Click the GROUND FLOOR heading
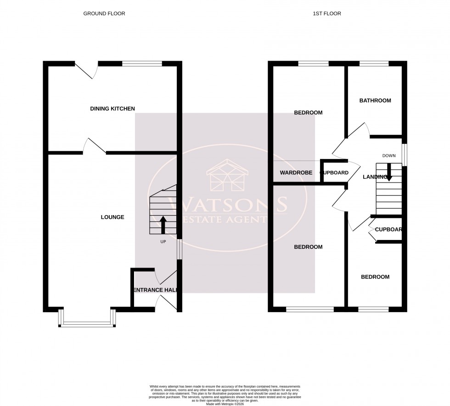[104, 14]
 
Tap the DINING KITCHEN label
[112, 109]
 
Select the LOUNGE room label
[112, 217]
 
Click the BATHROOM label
[375, 101]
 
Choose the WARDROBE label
[296, 173]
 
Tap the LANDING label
[375, 177]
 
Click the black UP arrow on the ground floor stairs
[163, 225]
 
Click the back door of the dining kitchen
[86, 69]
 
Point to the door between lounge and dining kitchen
[95, 146]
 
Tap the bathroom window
[374, 64]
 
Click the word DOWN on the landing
[388, 156]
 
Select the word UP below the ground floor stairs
[163, 241]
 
